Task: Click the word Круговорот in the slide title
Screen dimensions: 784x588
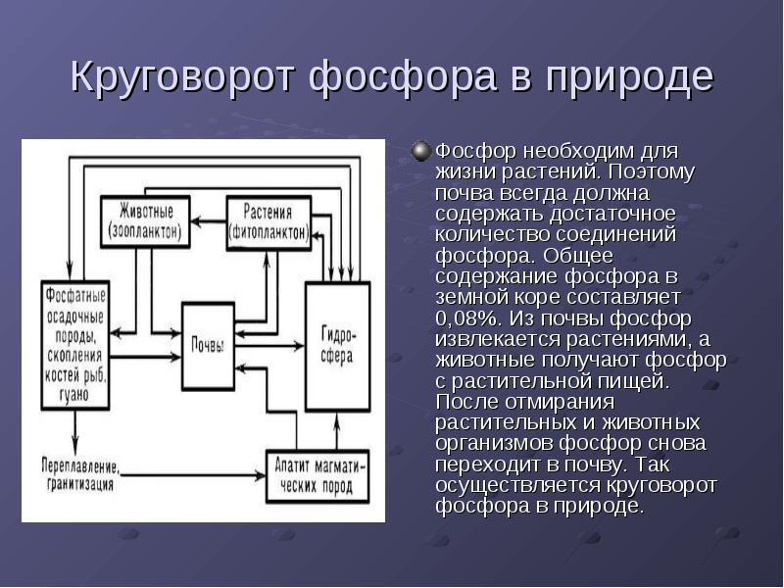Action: (x=180, y=76)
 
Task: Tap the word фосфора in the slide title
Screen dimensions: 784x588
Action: (x=402, y=76)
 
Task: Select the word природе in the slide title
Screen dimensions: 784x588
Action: (x=629, y=76)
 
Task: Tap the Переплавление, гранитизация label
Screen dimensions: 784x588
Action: (x=80, y=474)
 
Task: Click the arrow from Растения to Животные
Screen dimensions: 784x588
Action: (x=209, y=220)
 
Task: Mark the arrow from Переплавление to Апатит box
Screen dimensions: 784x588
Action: (x=192, y=475)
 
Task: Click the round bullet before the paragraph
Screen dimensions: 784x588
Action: (x=421, y=152)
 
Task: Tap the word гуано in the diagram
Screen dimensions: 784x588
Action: (x=74, y=395)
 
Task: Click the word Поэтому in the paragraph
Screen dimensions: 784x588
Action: (x=651, y=171)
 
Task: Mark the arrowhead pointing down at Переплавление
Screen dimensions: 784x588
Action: (x=75, y=444)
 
